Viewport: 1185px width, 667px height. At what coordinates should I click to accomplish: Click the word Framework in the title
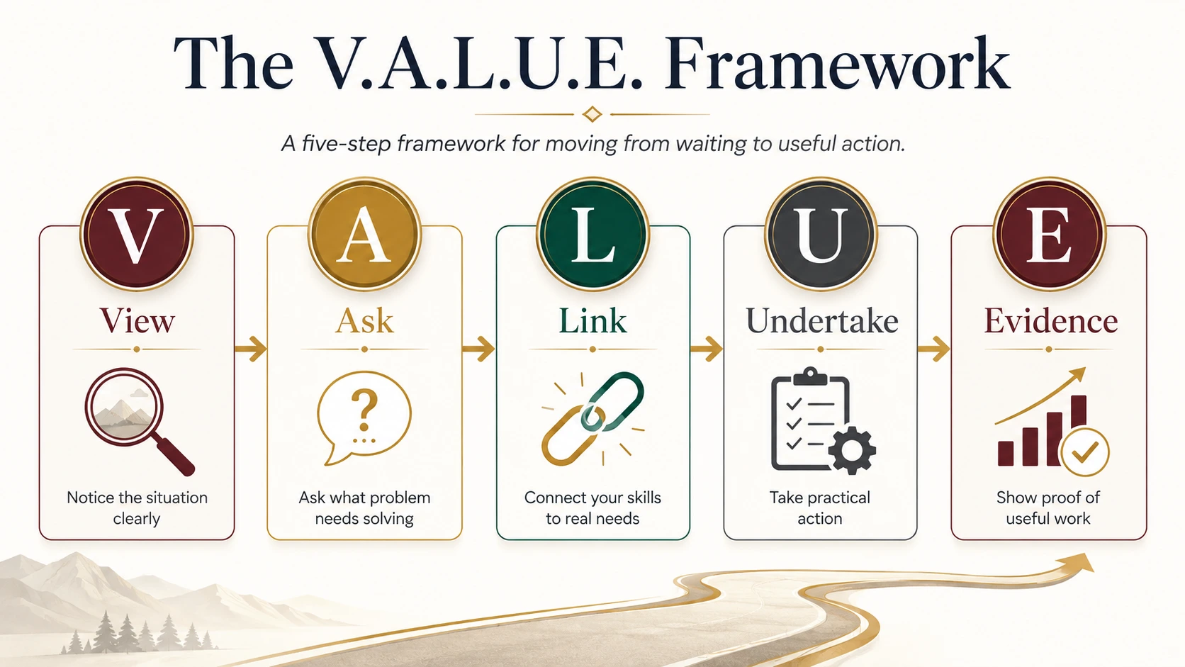pos(837,64)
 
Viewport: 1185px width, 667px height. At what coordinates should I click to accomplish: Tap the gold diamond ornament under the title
pos(592,113)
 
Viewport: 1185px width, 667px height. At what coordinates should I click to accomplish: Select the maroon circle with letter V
pos(137,233)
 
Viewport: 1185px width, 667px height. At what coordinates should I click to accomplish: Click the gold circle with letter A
pos(364,233)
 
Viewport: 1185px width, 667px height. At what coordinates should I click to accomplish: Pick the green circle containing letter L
pos(592,233)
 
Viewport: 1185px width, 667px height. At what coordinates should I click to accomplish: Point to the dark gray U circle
pos(821,233)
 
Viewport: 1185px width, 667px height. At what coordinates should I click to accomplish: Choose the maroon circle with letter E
pos(1049,233)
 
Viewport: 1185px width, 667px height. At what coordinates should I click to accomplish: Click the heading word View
pos(137,320)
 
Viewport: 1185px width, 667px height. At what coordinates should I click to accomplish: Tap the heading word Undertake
pos(821,320)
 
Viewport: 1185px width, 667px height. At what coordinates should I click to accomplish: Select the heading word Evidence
pos(1050,320)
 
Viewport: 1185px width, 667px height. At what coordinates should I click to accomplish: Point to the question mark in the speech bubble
pos(364,410)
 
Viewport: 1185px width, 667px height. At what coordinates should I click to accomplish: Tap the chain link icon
pos(592,418)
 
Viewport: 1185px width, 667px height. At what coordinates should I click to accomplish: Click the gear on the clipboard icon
pos(852,449)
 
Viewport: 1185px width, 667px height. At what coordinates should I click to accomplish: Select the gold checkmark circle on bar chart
pos(1084,453)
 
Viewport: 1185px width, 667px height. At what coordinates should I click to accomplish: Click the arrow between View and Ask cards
pos(251,349)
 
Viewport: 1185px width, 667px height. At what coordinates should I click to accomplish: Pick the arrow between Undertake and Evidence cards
pos(933,349)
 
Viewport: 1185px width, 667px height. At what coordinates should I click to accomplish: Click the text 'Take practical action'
pos(819,508)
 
